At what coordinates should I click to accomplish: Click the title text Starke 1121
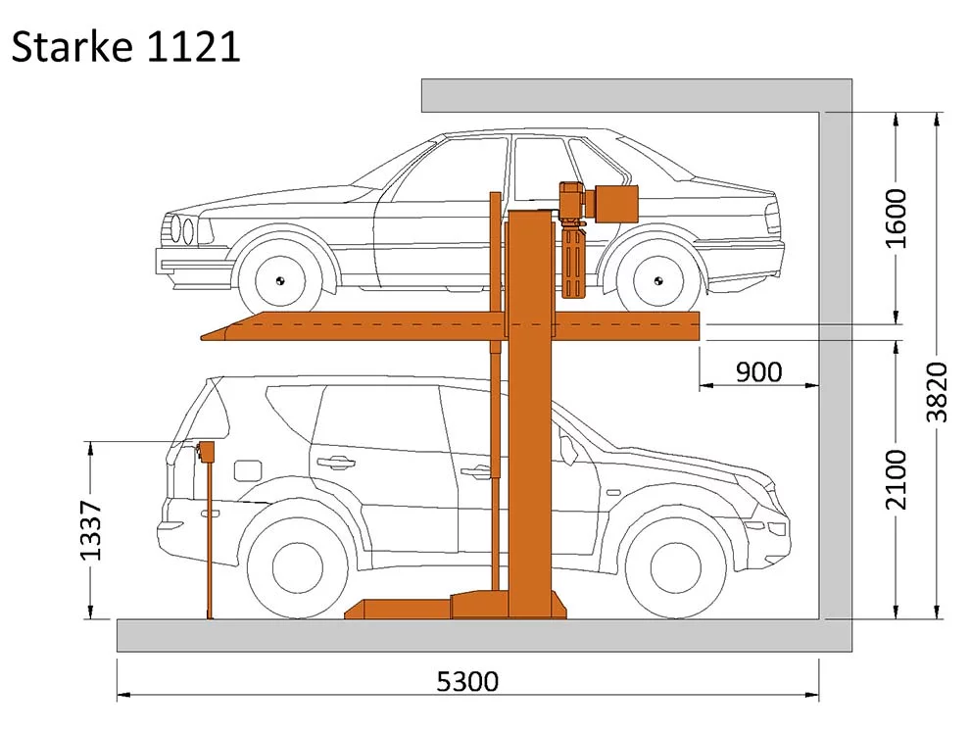click(x=125, y=46)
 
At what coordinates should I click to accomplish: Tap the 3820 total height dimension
click(x=938, y=392)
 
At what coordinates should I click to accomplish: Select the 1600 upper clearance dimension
click(x=896, y=218)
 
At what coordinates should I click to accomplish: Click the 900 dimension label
click(x=759, y=372)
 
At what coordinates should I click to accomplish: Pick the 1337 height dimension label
click(x=91, y=531)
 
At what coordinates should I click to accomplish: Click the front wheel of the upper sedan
click(x=278, y=280)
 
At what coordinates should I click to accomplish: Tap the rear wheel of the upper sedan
click(x=656, y=280)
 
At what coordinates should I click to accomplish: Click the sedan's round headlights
click(x=182, y=230)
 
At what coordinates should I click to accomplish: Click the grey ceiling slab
click(x=627, y=95)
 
